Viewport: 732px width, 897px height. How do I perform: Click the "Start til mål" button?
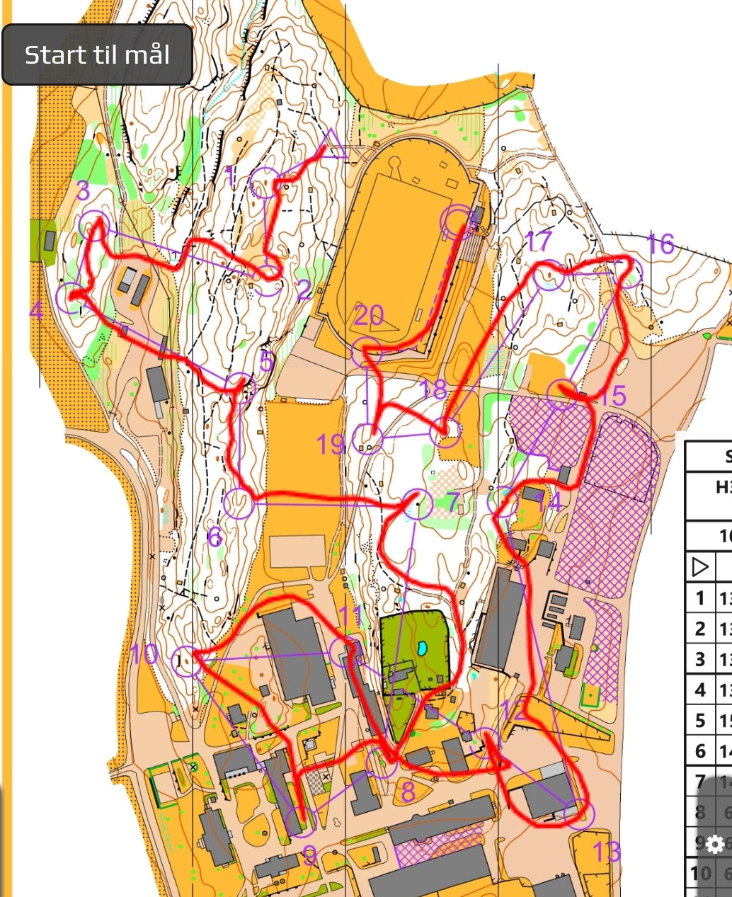[x=97, y=55]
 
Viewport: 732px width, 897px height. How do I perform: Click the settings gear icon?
[x=715, y=844]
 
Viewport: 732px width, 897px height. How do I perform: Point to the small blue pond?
[x=423, y=648]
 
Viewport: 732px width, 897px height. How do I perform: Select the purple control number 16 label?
[x=660, y=244]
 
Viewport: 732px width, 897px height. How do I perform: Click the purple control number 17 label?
[x=539, y=241]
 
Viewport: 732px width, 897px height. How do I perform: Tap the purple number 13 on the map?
[x=607, y=852]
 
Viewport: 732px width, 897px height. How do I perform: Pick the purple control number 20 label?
[x=368, y=315]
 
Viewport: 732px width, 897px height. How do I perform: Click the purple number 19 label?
[x=330, y=445]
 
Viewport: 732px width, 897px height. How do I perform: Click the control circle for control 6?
[x=239, y=504]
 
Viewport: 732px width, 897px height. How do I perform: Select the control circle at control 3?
[x=94, y=225]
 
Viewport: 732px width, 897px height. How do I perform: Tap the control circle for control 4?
[x=71, y=298]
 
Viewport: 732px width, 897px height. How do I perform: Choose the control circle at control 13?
[x=579, y=814]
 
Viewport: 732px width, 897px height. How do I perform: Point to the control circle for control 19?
[x=367, y=439]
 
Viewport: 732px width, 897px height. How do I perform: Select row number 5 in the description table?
[x=700, y=721]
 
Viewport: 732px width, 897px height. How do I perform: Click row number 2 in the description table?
[x=700, y=629]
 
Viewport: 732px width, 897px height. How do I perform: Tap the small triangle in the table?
[x=699, y=567]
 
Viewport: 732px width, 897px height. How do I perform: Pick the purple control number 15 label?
[x=613, y=396]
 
